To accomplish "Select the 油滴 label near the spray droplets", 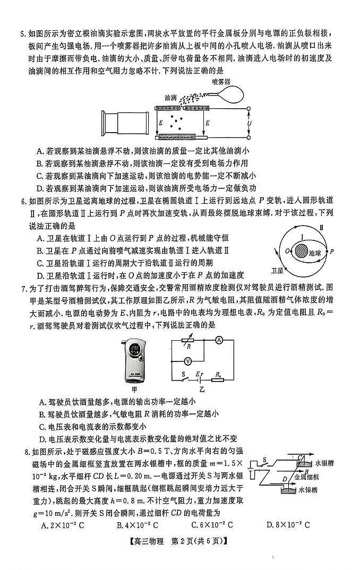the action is point(171,97).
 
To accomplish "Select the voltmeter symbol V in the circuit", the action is point(187,361).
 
